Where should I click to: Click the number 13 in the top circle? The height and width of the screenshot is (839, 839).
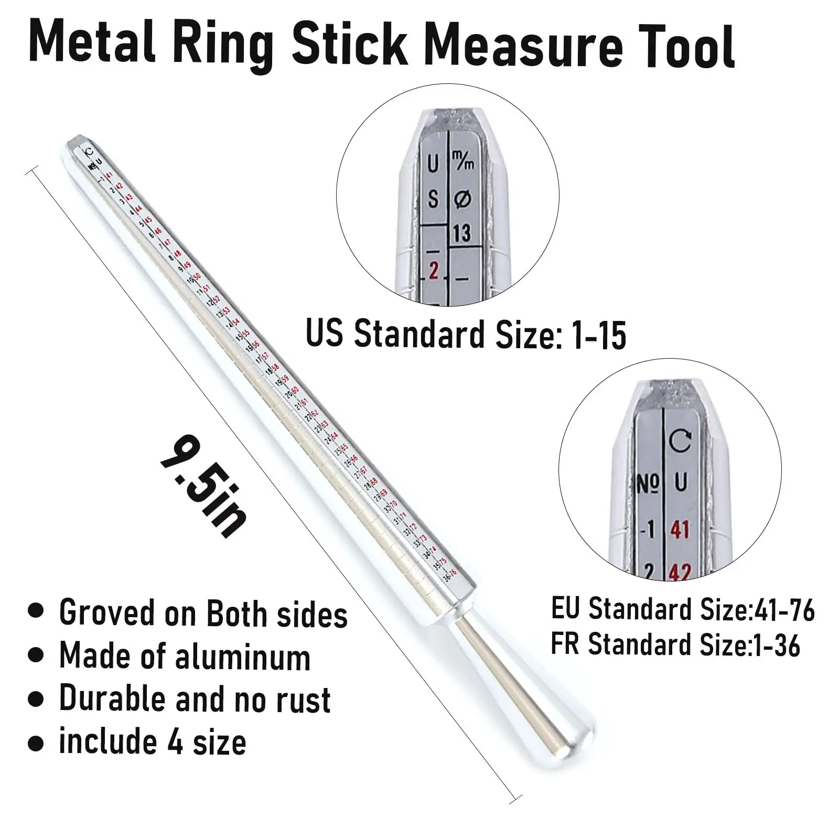462,233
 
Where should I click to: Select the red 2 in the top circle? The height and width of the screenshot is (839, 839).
433,271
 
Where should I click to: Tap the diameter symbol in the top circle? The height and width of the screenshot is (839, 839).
462,199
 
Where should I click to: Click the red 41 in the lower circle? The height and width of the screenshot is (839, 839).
680,530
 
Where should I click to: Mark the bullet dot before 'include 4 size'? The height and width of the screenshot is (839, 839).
36,744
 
